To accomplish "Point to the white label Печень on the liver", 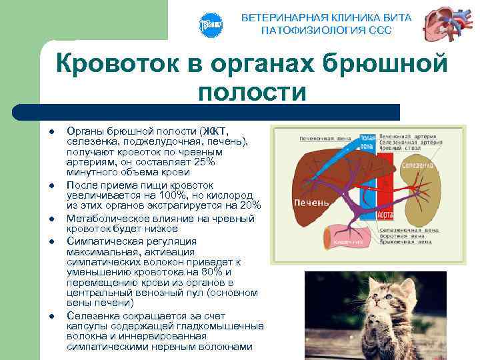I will [311, 202].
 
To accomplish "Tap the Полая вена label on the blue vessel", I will [366, 143].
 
